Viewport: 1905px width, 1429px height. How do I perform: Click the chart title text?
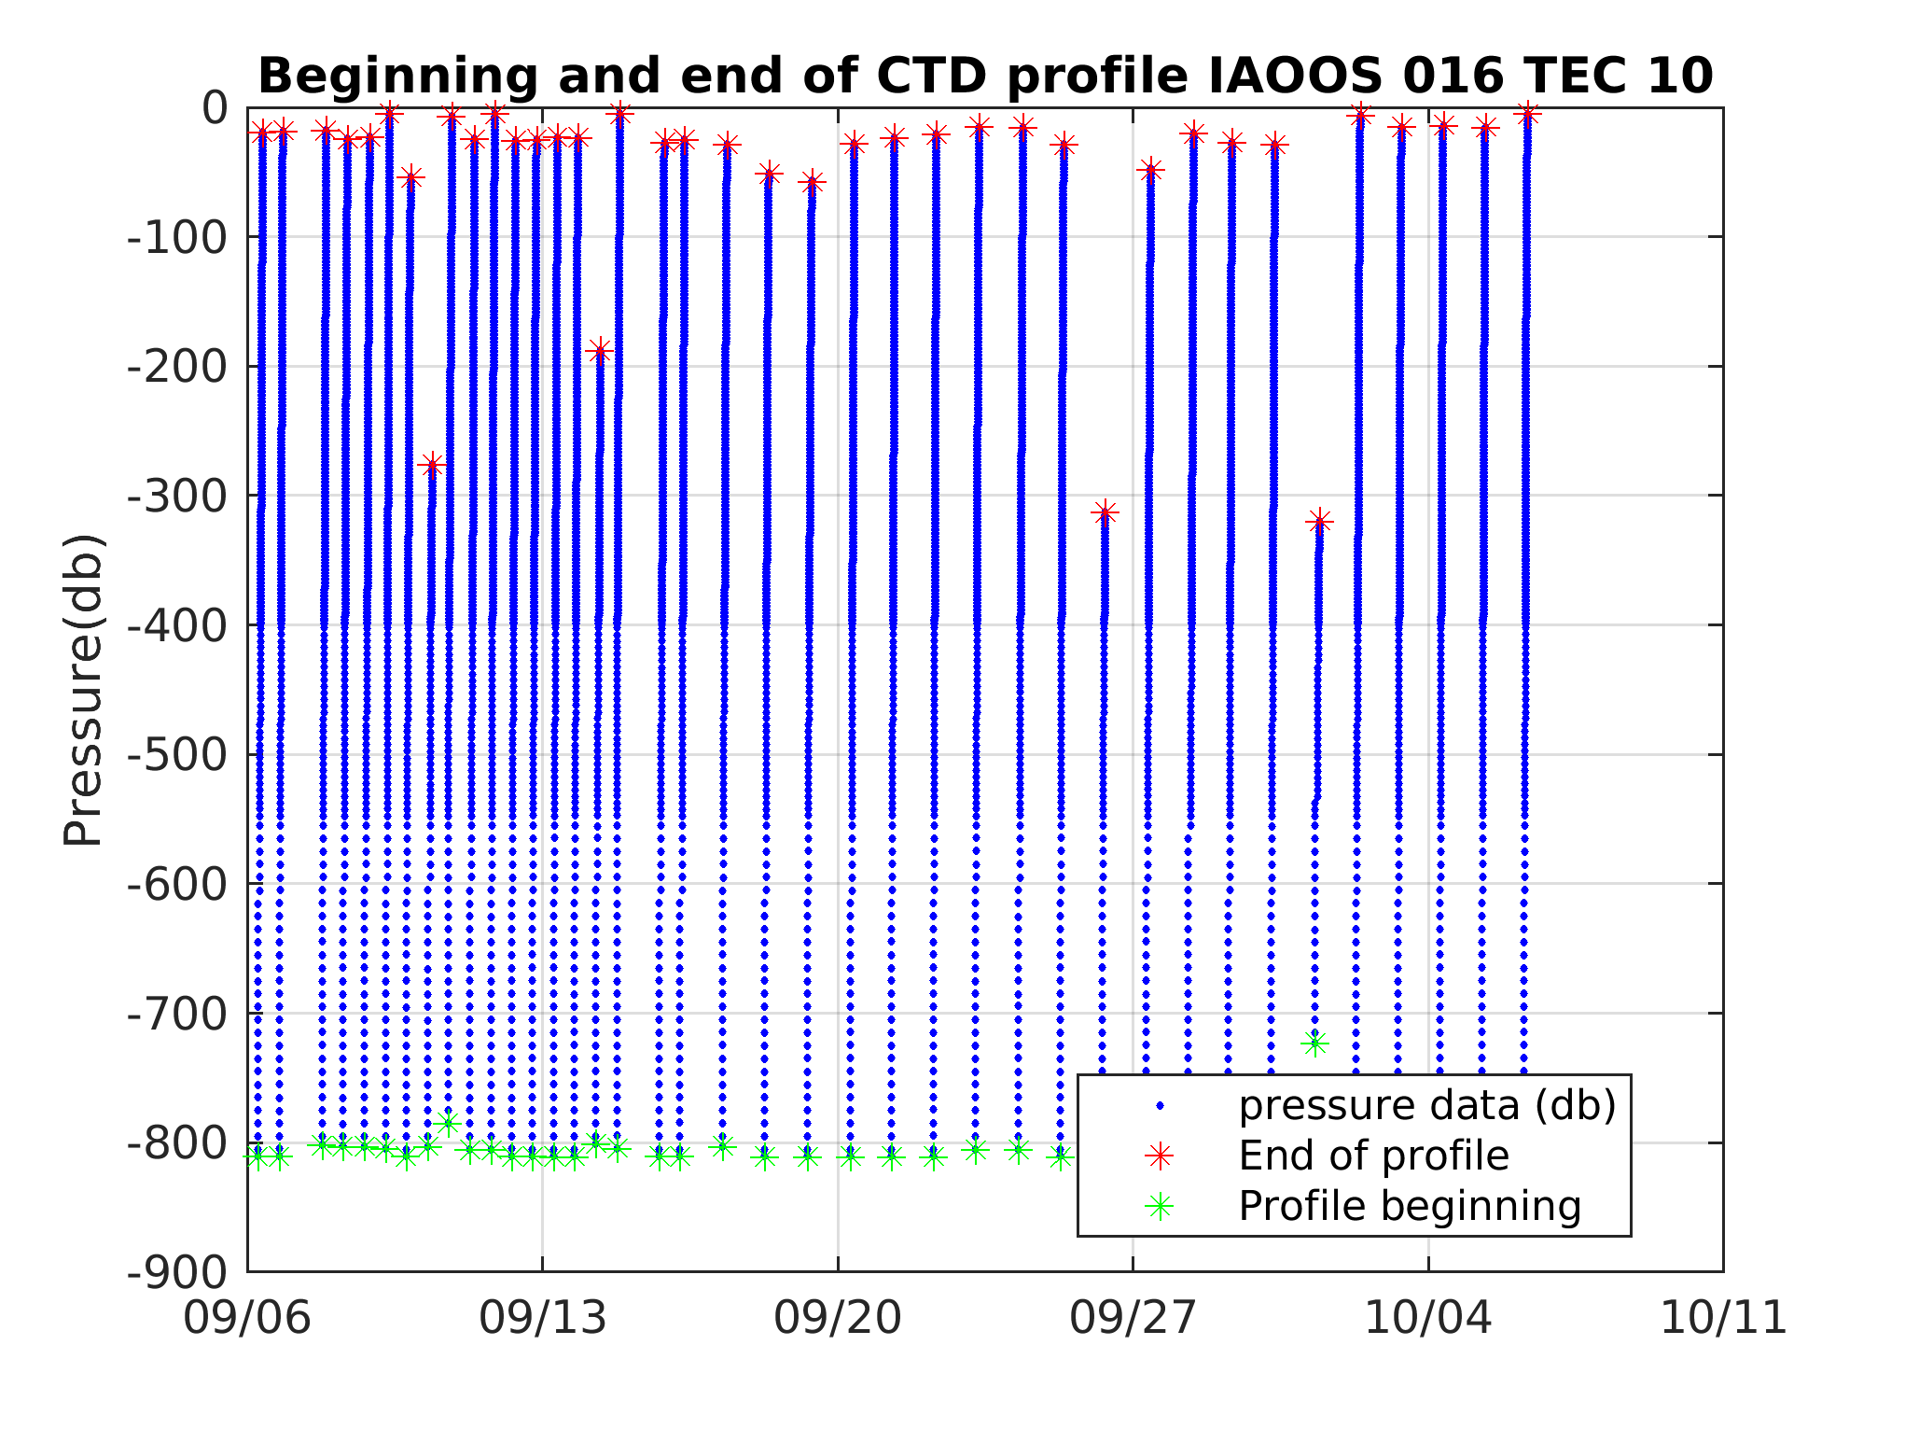tap(984, 77)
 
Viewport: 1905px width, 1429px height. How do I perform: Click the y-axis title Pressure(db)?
tap(82, 690)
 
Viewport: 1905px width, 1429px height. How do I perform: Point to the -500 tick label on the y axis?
tap(177, 754)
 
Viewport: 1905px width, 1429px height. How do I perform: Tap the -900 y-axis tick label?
tap(177, 1271)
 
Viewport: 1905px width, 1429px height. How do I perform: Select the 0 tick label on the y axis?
tap(215, 108)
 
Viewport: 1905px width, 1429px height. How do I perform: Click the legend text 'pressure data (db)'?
tap(1426, 1105)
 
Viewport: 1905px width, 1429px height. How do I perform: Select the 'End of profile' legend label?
tap(1373, 1156)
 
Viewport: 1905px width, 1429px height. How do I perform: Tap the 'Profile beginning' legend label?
tap(1410, 1206)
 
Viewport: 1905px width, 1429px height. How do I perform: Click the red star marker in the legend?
tap(1160, 1156)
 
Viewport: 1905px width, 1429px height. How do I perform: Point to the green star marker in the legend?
tap(1160, 1207)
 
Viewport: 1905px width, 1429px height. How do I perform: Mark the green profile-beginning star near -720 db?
tap(1314, 1044)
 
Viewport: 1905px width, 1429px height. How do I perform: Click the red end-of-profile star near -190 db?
tap(600, 351)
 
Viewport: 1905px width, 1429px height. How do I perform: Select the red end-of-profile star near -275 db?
tap(432, 464)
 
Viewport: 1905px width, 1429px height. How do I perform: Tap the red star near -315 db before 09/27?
tap(1105, 512)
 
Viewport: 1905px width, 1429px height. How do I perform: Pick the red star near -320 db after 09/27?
tap(1319, 521)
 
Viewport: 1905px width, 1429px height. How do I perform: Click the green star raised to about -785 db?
tap(448, 1123)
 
